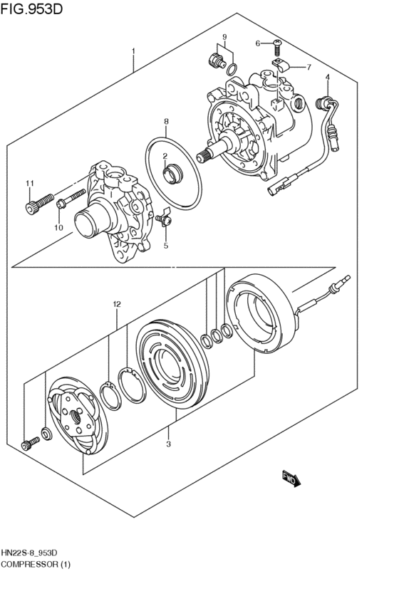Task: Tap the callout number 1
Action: (133, 51)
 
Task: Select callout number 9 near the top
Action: (224, 37)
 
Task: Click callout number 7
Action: (309, 68)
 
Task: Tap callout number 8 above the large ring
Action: (165, 122)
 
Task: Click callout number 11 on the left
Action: (29, 184)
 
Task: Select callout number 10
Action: (59, 228)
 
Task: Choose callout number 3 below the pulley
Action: (168, 444)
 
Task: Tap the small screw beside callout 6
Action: (276, 47)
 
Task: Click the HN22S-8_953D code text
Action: (33, 553)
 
